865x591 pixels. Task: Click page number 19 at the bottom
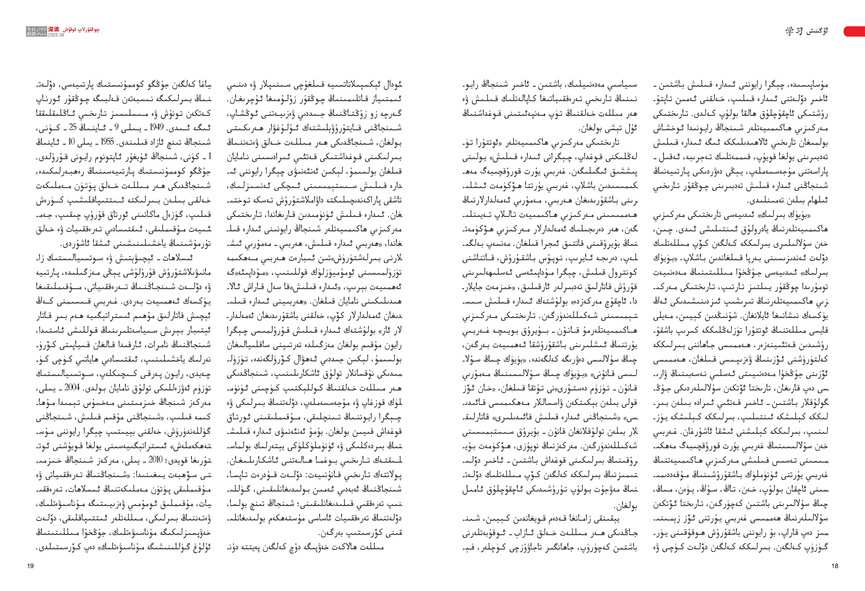click(31, 566)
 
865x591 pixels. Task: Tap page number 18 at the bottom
click(835, 566)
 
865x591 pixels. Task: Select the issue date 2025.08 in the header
click(56, 35)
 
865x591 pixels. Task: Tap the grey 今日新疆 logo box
click(36, 31)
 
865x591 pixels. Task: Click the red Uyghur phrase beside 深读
click(80, 30)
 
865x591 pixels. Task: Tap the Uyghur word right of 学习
click(817, 31)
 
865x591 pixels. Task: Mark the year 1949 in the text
click(157, 127)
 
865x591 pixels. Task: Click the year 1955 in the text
click(107, 142)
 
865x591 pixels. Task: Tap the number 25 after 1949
click(73, 127)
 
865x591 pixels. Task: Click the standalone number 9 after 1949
click(117, 127)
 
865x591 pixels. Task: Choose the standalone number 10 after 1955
click(71, 142)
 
